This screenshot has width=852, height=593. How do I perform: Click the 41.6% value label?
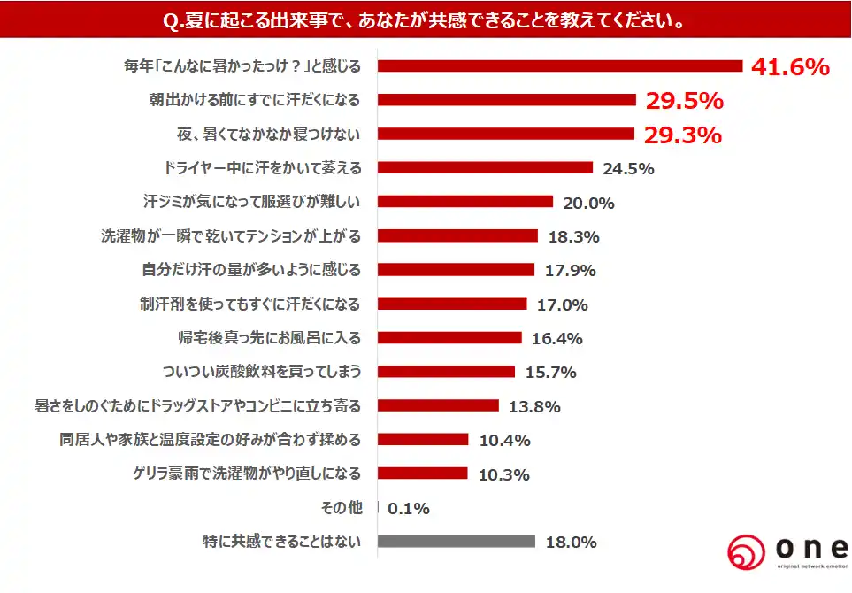point(790,66)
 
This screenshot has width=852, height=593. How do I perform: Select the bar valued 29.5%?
point(508,100)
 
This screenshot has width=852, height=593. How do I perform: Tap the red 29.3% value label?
point(684,135)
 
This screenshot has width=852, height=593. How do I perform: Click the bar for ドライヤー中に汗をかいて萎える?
point(486,167)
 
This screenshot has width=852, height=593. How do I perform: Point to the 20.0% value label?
point(588,203)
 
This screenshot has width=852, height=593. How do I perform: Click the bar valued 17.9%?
point(457,270)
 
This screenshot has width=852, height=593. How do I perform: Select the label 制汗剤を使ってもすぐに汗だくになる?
point(250,304)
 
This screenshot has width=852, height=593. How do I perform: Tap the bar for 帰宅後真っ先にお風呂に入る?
point(450,337)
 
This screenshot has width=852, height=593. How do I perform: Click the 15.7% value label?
point(550,373)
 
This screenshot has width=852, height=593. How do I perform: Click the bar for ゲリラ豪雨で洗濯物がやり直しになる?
point(423,474)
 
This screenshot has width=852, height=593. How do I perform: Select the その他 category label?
point(341,508)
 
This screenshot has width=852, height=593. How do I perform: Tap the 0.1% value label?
point(410,508)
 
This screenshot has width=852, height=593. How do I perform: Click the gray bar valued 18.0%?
point(457,542)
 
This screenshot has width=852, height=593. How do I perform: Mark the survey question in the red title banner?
point(426,19)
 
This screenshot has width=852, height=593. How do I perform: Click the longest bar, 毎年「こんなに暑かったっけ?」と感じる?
point(560,66)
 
